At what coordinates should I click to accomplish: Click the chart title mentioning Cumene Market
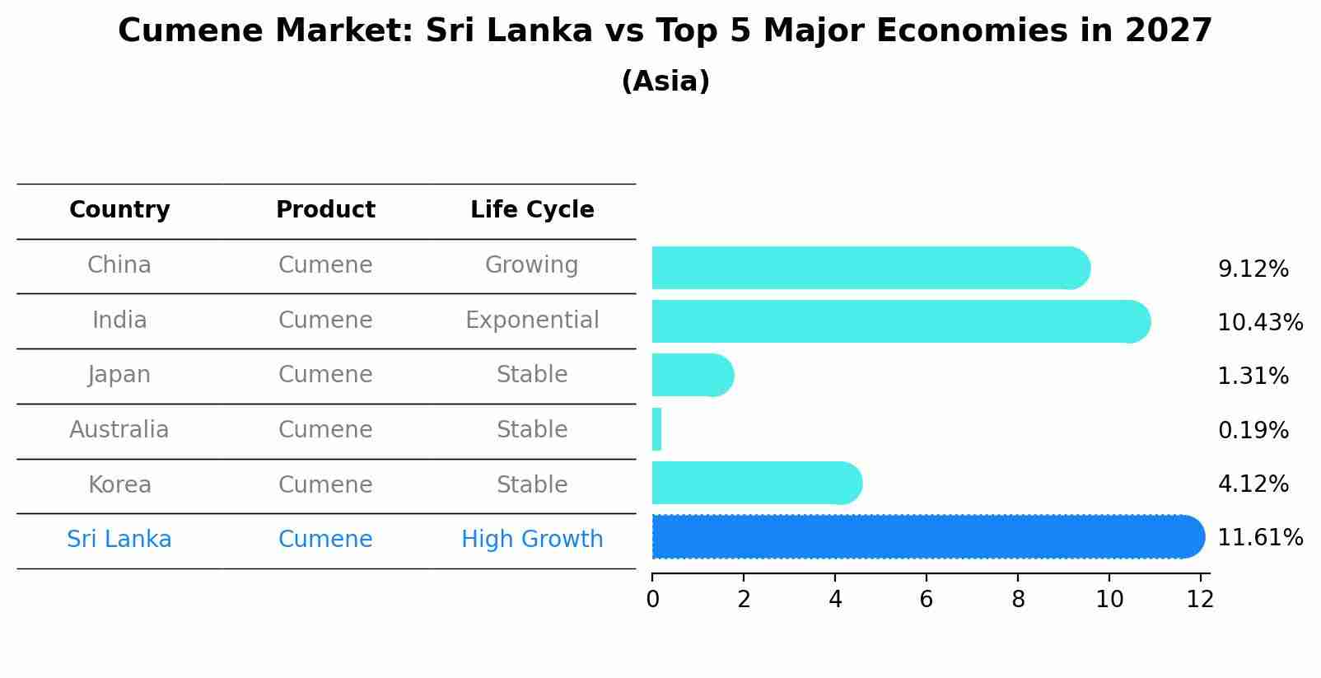[665, 31]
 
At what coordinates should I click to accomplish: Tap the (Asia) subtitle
[665, 82]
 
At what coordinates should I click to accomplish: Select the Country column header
[119, 210]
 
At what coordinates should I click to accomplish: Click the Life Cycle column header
[532, 210]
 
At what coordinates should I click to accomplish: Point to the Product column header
[325, 210]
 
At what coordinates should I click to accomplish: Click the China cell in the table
[119, 265]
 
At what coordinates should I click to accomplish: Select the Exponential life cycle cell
[532, 320]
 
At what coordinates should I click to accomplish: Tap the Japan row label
[119, 375]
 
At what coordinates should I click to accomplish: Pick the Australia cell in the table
[119, 430]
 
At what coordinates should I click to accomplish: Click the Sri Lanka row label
[119, 540]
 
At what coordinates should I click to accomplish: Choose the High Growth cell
[532, 540]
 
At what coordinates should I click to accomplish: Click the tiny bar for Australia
[656, 429]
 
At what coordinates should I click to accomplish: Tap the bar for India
[898, 321]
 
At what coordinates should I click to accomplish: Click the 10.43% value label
[1259, 323]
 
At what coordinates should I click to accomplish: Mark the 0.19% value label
[1253, 431]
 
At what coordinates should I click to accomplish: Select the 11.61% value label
[1259, 538]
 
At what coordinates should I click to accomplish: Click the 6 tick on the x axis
[927, 600]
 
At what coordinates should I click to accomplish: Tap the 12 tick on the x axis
[1200, 600]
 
